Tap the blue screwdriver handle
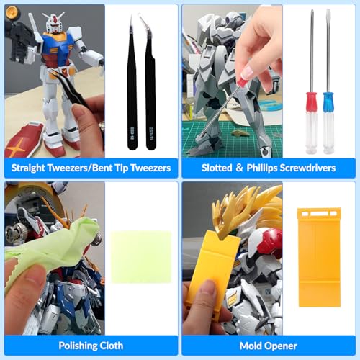click(x=328, y=122)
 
